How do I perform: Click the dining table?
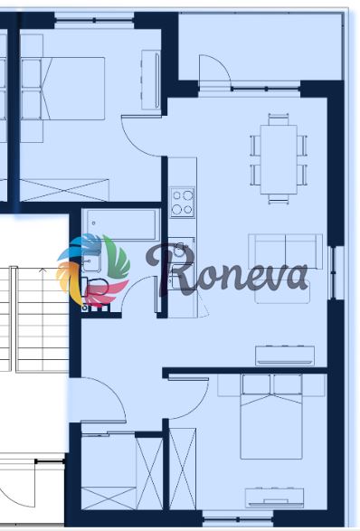coord(279,159)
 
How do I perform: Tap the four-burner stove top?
coord(183,203)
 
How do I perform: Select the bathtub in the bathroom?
coord(121,224)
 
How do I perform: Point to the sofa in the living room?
coord(285,251)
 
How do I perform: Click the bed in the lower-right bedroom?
coord(271,416)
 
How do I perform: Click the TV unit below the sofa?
coord(285,356)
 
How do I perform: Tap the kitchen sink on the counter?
coord(182,251)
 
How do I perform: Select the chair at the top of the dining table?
coord(279,119)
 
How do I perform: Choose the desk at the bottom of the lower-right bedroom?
coord(274,498)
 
